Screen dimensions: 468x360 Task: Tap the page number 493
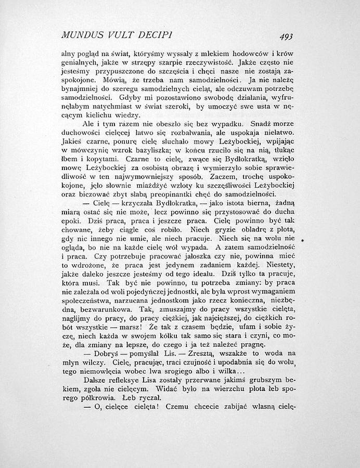click(x=286, y=36)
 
